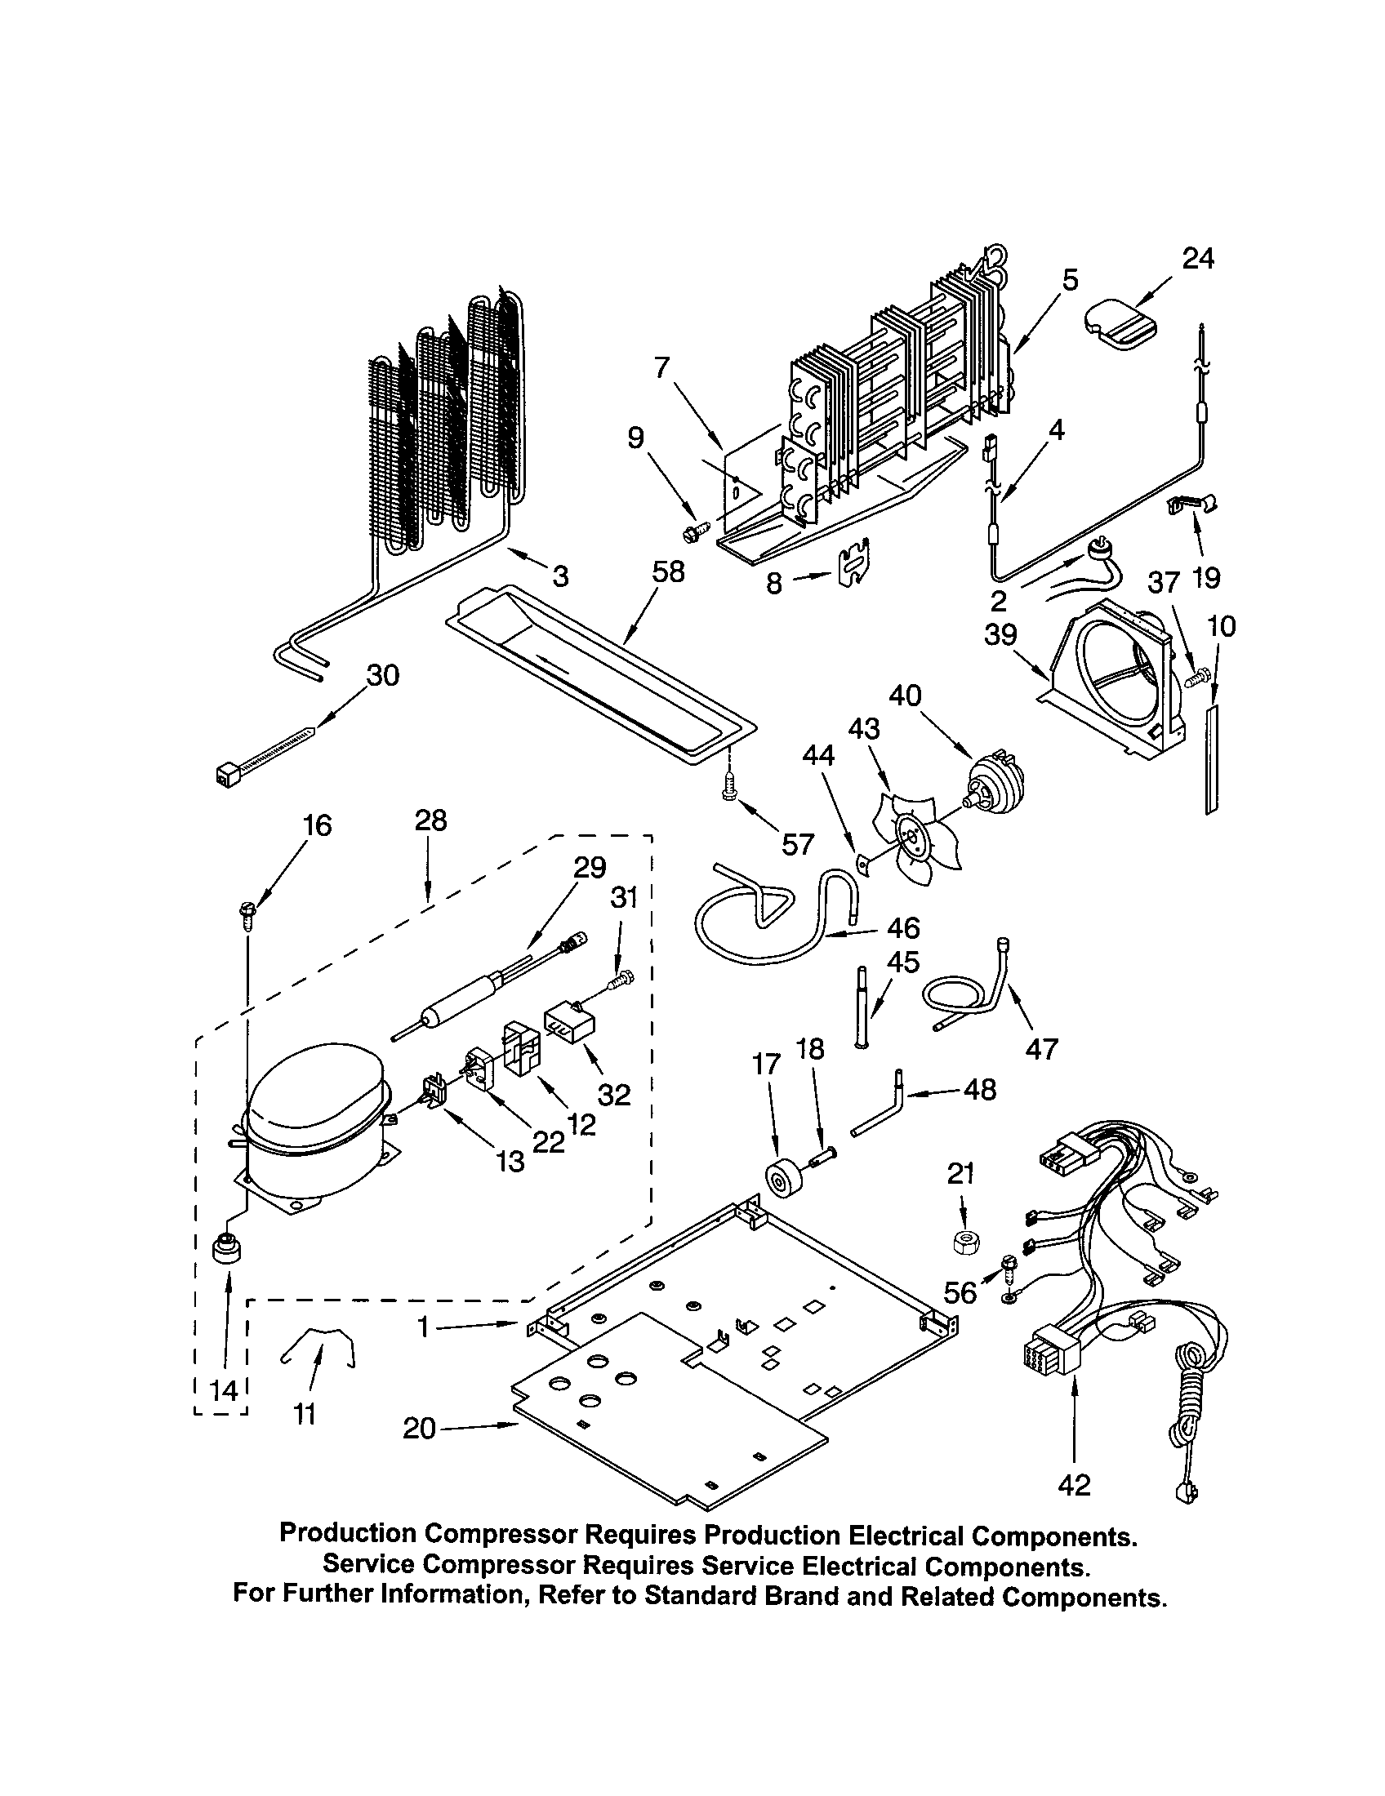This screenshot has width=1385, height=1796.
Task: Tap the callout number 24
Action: pyautogui.click(x=1197, y=259)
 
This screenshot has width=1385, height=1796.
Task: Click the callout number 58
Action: pyautogui.click(x=667, y=571)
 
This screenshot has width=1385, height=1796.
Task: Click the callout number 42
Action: pyautogui.click(x=1074, y=1484)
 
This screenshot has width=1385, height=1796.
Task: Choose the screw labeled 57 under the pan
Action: pyautogui.click(x=728, y=789)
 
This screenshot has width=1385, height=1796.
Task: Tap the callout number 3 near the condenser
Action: pyautogui.click(x=560, y=576)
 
